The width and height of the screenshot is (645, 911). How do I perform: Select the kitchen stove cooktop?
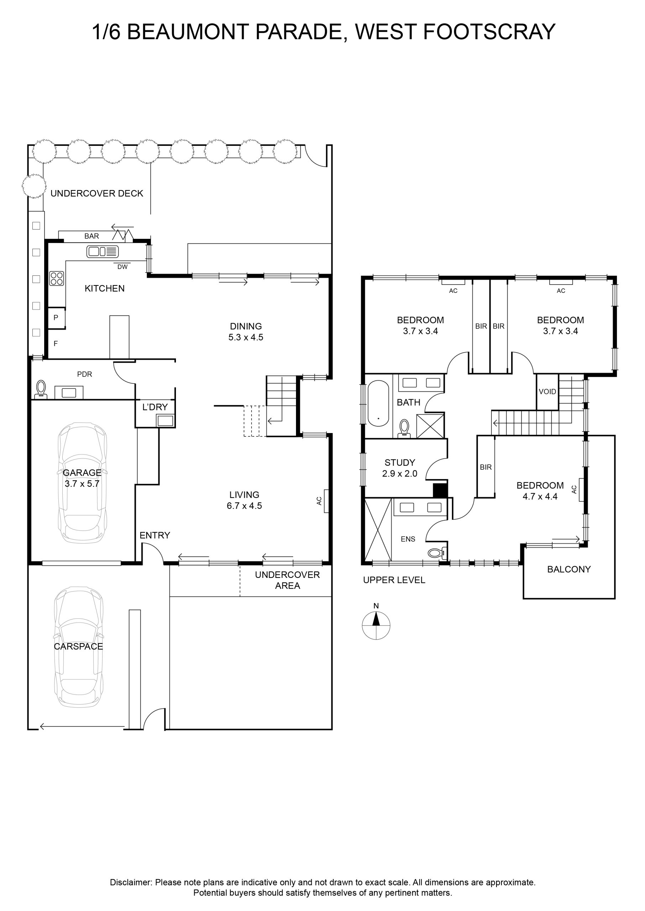(56, 278)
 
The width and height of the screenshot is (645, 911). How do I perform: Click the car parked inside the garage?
(82, 483)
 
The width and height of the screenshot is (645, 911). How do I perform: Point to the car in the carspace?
(78, 647)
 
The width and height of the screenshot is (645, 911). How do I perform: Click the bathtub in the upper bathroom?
(378, 403)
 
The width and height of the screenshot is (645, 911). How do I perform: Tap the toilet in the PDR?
(41, 390)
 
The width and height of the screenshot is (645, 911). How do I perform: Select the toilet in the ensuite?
(438, 553)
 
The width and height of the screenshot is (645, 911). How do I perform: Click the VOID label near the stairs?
(547, 391)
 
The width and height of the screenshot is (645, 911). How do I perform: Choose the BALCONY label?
(569, 569)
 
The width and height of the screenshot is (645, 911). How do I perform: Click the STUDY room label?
(400, 463)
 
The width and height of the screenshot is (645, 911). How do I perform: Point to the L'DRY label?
(155, 407)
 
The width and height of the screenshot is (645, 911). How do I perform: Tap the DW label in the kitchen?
(122, 267)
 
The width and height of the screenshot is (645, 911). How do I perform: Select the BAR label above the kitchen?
(91, 236)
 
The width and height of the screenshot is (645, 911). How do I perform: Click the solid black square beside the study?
(440, 490)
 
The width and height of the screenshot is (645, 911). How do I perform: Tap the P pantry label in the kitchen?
(56, 317)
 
